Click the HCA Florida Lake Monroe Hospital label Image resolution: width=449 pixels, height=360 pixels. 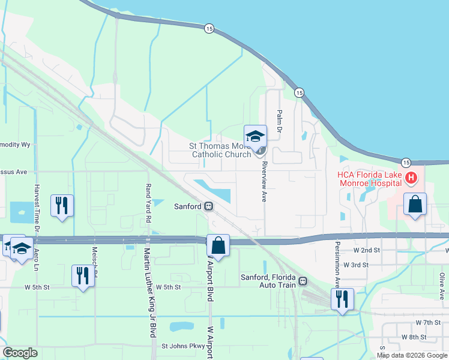tap(368, 178)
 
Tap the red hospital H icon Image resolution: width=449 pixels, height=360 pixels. tap(411, 178)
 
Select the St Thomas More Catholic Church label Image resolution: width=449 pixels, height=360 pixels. tap(220, 150)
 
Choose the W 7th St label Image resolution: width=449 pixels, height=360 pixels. tap(414, 323)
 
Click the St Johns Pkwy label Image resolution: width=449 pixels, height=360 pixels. tap(183, 346)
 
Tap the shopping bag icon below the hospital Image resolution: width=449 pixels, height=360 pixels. tap(415, 204)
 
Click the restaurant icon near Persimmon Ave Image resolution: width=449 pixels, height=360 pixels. tap(342, 299)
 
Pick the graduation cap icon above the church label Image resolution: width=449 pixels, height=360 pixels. tap(255, 136)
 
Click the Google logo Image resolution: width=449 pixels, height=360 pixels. tap(20, 353)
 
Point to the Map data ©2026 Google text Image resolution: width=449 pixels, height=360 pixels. tap(411, 355)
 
